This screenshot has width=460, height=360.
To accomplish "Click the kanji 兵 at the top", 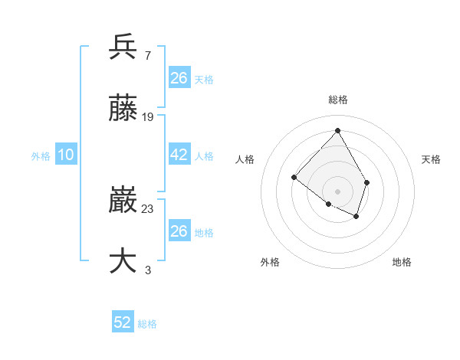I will [123, 47].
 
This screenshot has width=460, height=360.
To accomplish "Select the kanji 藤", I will [123, 109].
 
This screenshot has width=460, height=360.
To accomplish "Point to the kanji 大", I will [123, 260].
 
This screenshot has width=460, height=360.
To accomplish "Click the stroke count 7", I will [147, 55].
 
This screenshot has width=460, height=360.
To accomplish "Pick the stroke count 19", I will [148, 116].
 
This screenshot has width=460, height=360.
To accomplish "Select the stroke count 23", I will [148, 208].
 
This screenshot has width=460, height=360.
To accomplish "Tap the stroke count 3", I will [147, 269].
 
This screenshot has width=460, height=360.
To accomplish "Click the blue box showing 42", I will [179, 155].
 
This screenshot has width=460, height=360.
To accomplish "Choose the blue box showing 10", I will [66, 155].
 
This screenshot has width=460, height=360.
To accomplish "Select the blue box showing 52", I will [123, 322].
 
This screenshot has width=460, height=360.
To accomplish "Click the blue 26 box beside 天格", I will [179, 77].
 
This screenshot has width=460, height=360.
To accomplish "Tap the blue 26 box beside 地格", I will [179, 231].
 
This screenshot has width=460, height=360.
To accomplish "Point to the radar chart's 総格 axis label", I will [338, 100].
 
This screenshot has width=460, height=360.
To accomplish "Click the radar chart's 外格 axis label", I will [270, 262].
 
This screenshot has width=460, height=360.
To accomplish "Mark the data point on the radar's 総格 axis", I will [337, 130].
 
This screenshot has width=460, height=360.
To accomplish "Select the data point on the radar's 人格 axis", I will [294, 177].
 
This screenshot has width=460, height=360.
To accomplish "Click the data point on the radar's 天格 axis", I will [367, 182].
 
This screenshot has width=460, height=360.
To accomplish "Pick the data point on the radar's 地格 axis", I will [356, 217].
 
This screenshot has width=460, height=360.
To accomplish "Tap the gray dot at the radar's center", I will [337, 191].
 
